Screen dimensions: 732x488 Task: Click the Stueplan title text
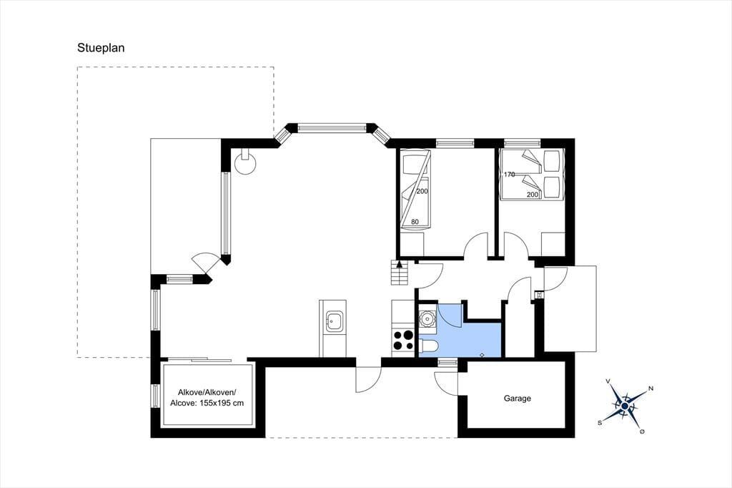[101, 48]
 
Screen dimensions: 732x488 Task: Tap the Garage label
[518, 399]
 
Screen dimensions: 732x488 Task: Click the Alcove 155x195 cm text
[207, 403]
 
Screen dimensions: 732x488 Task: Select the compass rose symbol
[625, 405]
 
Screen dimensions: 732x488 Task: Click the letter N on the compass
[651, 389]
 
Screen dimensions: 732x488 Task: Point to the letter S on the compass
[600, 423]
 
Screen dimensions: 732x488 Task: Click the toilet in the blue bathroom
[429, 346]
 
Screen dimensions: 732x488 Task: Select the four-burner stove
[403, 341]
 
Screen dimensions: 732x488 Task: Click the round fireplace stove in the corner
[245, 162]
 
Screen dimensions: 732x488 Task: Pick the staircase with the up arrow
[399, 273]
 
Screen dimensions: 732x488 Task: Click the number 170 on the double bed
[509, 175]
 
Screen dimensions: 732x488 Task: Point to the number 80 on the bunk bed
[415, 222]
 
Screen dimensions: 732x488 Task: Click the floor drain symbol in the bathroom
[483, 354]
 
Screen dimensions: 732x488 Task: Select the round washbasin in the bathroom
[427, 318]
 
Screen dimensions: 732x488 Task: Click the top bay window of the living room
[332, 127]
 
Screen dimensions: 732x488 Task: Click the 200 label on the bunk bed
[422, 191]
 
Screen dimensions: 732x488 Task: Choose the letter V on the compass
[608, 381]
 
